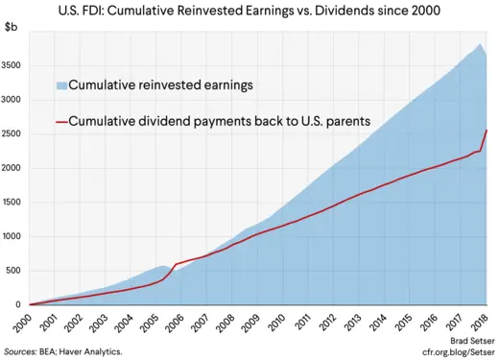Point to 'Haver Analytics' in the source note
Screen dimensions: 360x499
[93, 352]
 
